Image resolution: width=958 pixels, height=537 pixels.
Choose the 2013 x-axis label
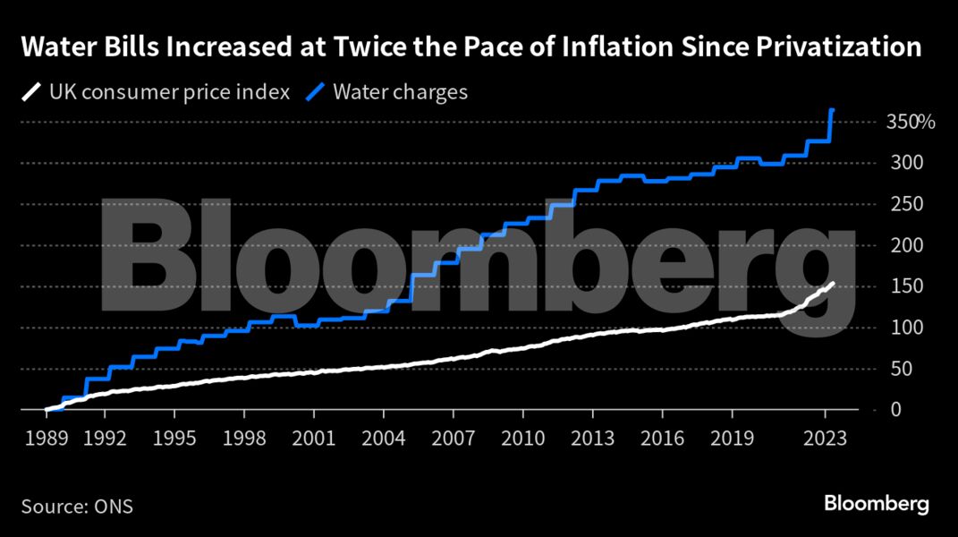click(x=592, y=439)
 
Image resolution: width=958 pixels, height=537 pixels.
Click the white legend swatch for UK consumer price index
click(x=32, y=92)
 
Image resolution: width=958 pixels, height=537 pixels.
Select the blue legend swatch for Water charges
click(x=316, y=92)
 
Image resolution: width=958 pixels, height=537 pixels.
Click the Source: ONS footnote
click(x=77, y=507)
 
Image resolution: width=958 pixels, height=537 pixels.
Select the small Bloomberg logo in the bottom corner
click(x=877, y=504)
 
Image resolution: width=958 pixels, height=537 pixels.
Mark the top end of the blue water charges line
click(x=832, y=110)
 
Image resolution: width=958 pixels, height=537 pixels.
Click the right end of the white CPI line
click(x=834, y=284)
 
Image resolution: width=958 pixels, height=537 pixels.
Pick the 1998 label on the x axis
click(x=244, y=439)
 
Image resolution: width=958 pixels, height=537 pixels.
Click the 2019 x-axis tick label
click(x=732, y=439)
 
